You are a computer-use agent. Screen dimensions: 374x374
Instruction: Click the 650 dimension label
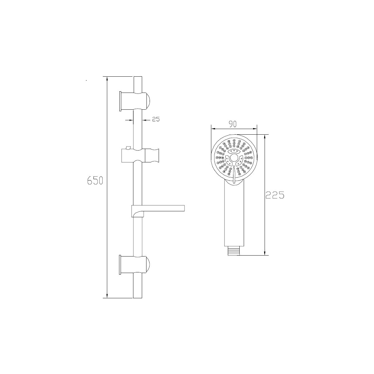(x=95, y=180)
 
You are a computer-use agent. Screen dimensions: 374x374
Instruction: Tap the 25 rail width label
(x=156, y=119)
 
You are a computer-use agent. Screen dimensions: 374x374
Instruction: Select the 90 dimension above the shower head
(x=233, y=124)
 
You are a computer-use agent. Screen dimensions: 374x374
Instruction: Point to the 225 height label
(x=275, y=195)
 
